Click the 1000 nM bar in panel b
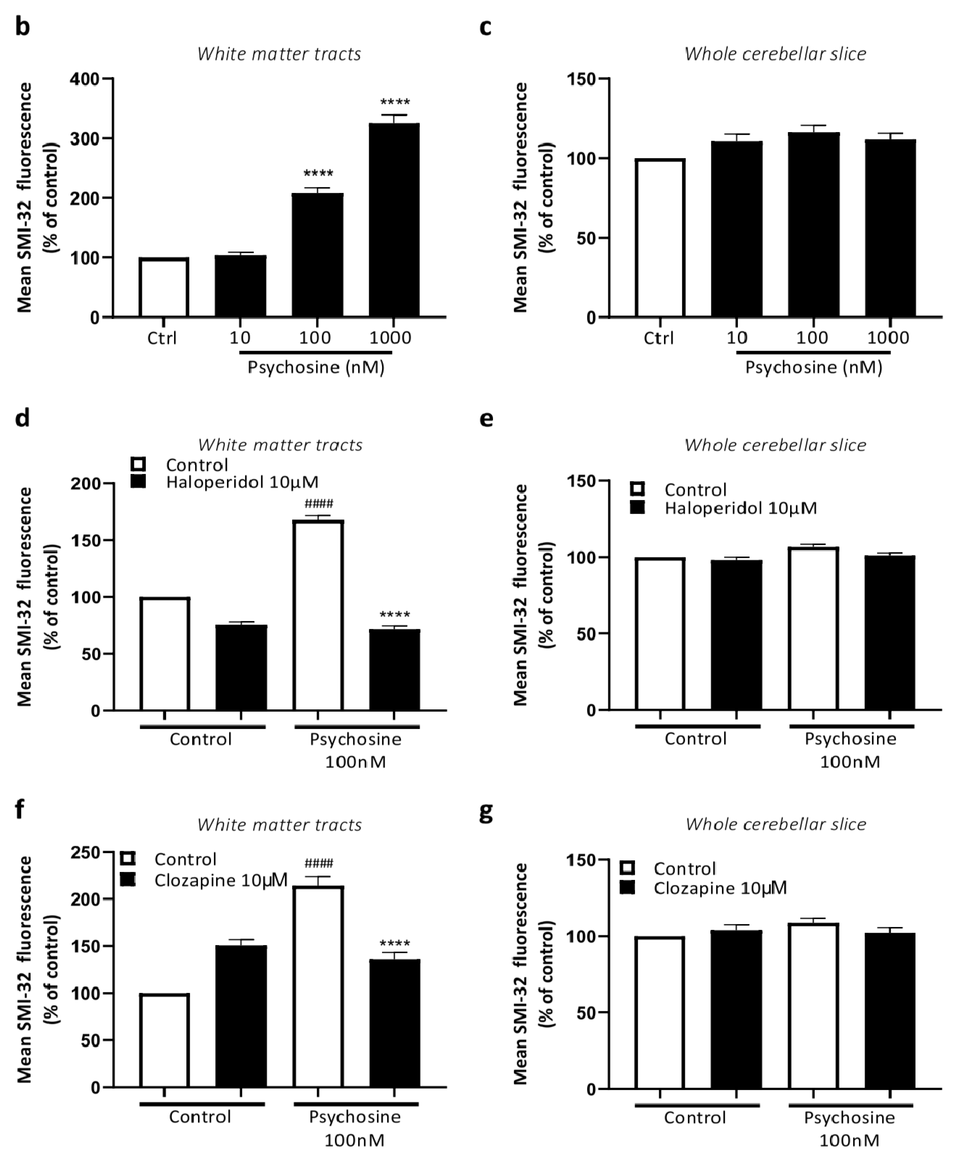tap(394, 220)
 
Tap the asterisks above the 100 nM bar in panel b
tap(318, 174)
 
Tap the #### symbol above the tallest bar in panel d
tap(319, 504)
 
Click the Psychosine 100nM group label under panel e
tap(850, 750)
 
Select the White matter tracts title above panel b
tap(279, 54)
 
